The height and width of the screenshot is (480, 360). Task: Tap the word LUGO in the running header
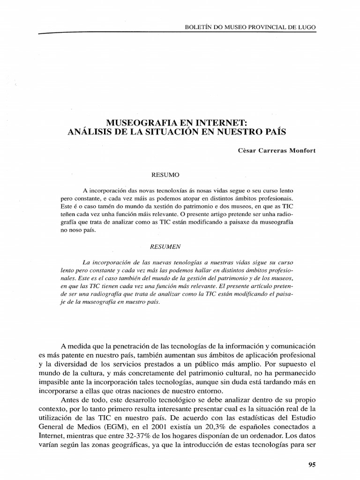tap(307, 27)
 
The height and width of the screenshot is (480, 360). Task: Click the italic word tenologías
tap(180, 262)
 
